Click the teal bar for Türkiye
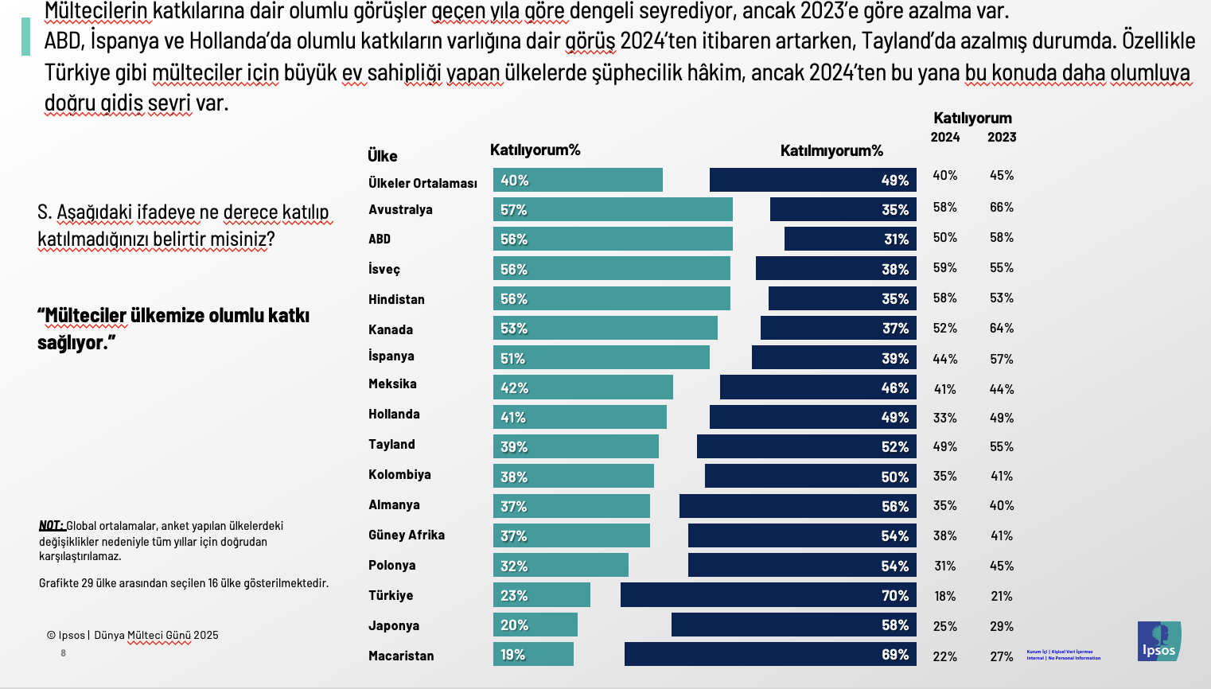point(542,595)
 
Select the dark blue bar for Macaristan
point(769,654)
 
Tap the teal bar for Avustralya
point(613,209)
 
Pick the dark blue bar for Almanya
point(797,506)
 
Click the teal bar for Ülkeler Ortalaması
point(578,180)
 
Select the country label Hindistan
point(396,299)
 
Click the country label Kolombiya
point(399,474)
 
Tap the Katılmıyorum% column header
point(831,150)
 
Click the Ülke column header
point(383,156)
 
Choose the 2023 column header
point(1002,137)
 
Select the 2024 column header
point(945,137)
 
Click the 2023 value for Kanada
point(1002,328)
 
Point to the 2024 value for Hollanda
point(945,418)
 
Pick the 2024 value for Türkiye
point(945,596)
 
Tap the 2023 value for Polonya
point(1002,566)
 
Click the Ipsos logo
point(1158,641)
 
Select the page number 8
point(64,653)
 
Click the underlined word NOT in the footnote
point(51,525)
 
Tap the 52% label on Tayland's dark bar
point(894,447)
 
